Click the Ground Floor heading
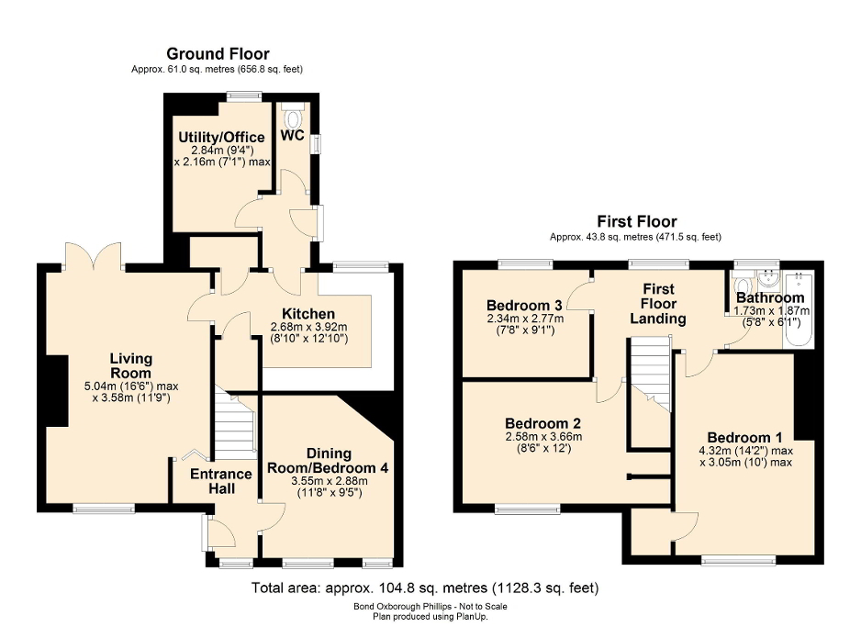click(x=218, y=54)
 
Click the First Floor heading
click(x=636, y=221)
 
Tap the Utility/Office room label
click(x=220, y=138)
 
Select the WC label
click(x=293, y=135)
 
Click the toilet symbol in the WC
click(x=294, y=118)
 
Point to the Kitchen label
click(x=307, y=314)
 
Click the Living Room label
click(x=130, y=365)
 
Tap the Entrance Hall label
click(x=220, y=481)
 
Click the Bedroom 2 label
click(x=542, y=423)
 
